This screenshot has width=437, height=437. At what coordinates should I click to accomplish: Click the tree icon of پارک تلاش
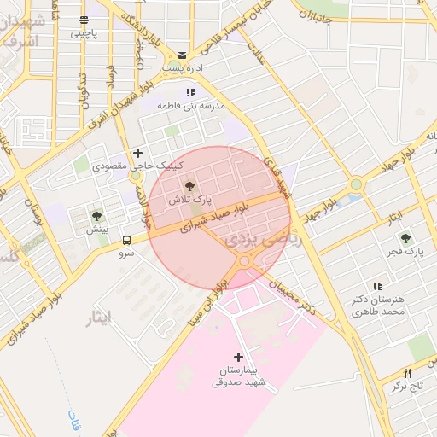(x=189, y=184)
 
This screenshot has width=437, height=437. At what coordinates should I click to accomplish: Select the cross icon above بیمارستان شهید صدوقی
(x=238, y=357)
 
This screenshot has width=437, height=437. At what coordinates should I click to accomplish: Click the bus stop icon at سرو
(x=126, y=240)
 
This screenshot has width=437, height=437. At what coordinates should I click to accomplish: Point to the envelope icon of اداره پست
(x=182, y=54)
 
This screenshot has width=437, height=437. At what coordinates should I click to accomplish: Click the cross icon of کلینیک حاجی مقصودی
(x=137, y=152)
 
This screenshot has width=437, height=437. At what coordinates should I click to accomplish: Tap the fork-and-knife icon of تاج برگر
(x=407, y=373)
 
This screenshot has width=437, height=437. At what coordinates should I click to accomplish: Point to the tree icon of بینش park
(x=96, y=216)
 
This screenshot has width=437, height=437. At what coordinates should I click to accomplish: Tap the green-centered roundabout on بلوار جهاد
(x=356, y=184)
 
